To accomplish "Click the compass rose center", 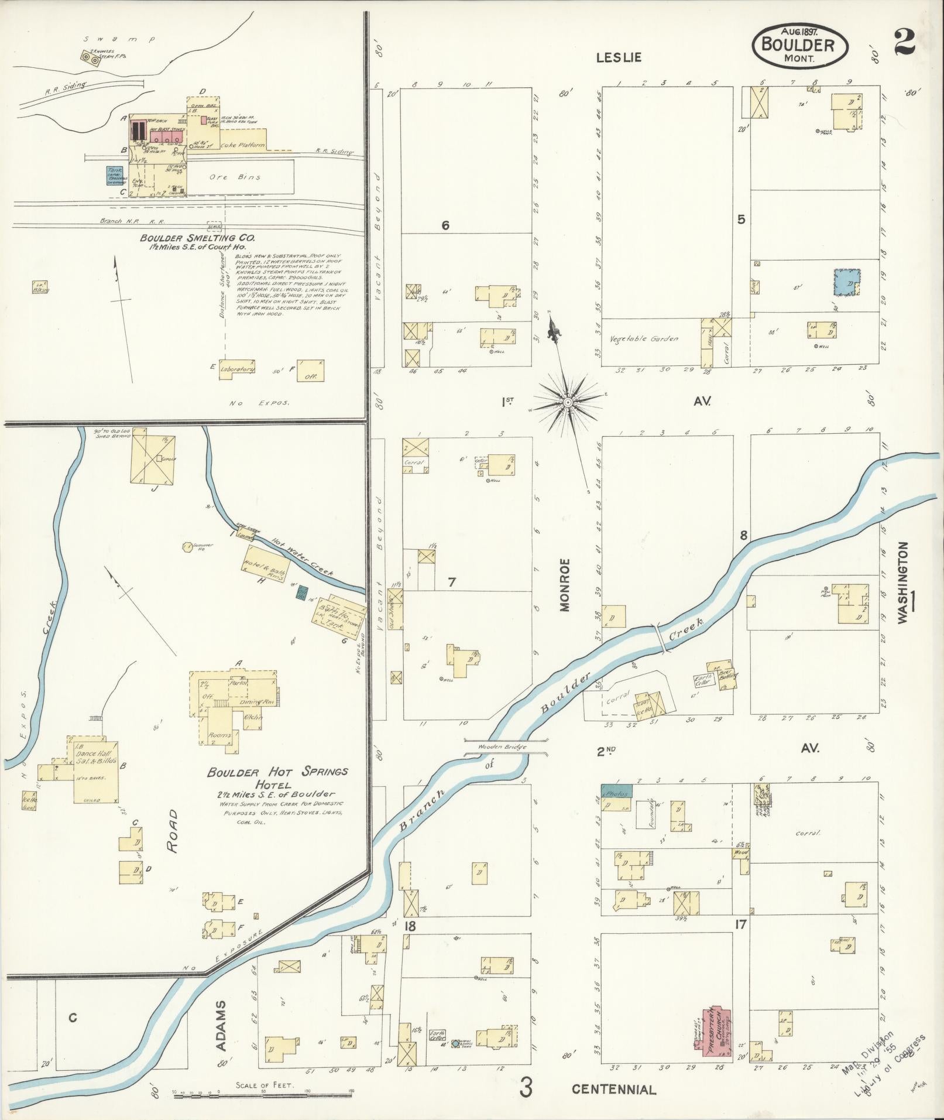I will [x=567, y=402].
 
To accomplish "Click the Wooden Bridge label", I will [x=502, y=747].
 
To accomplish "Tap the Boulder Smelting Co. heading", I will [x=197, y=238].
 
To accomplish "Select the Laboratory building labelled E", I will [x=237, y=369].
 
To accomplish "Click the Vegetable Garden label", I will [x=643, y=338].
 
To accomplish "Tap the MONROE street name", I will [x=565, y=584].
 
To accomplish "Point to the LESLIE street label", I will [x=619, y=57].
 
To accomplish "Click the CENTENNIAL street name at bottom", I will [x=614, y=1090].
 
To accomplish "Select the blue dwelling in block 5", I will [x=846, y=282].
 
